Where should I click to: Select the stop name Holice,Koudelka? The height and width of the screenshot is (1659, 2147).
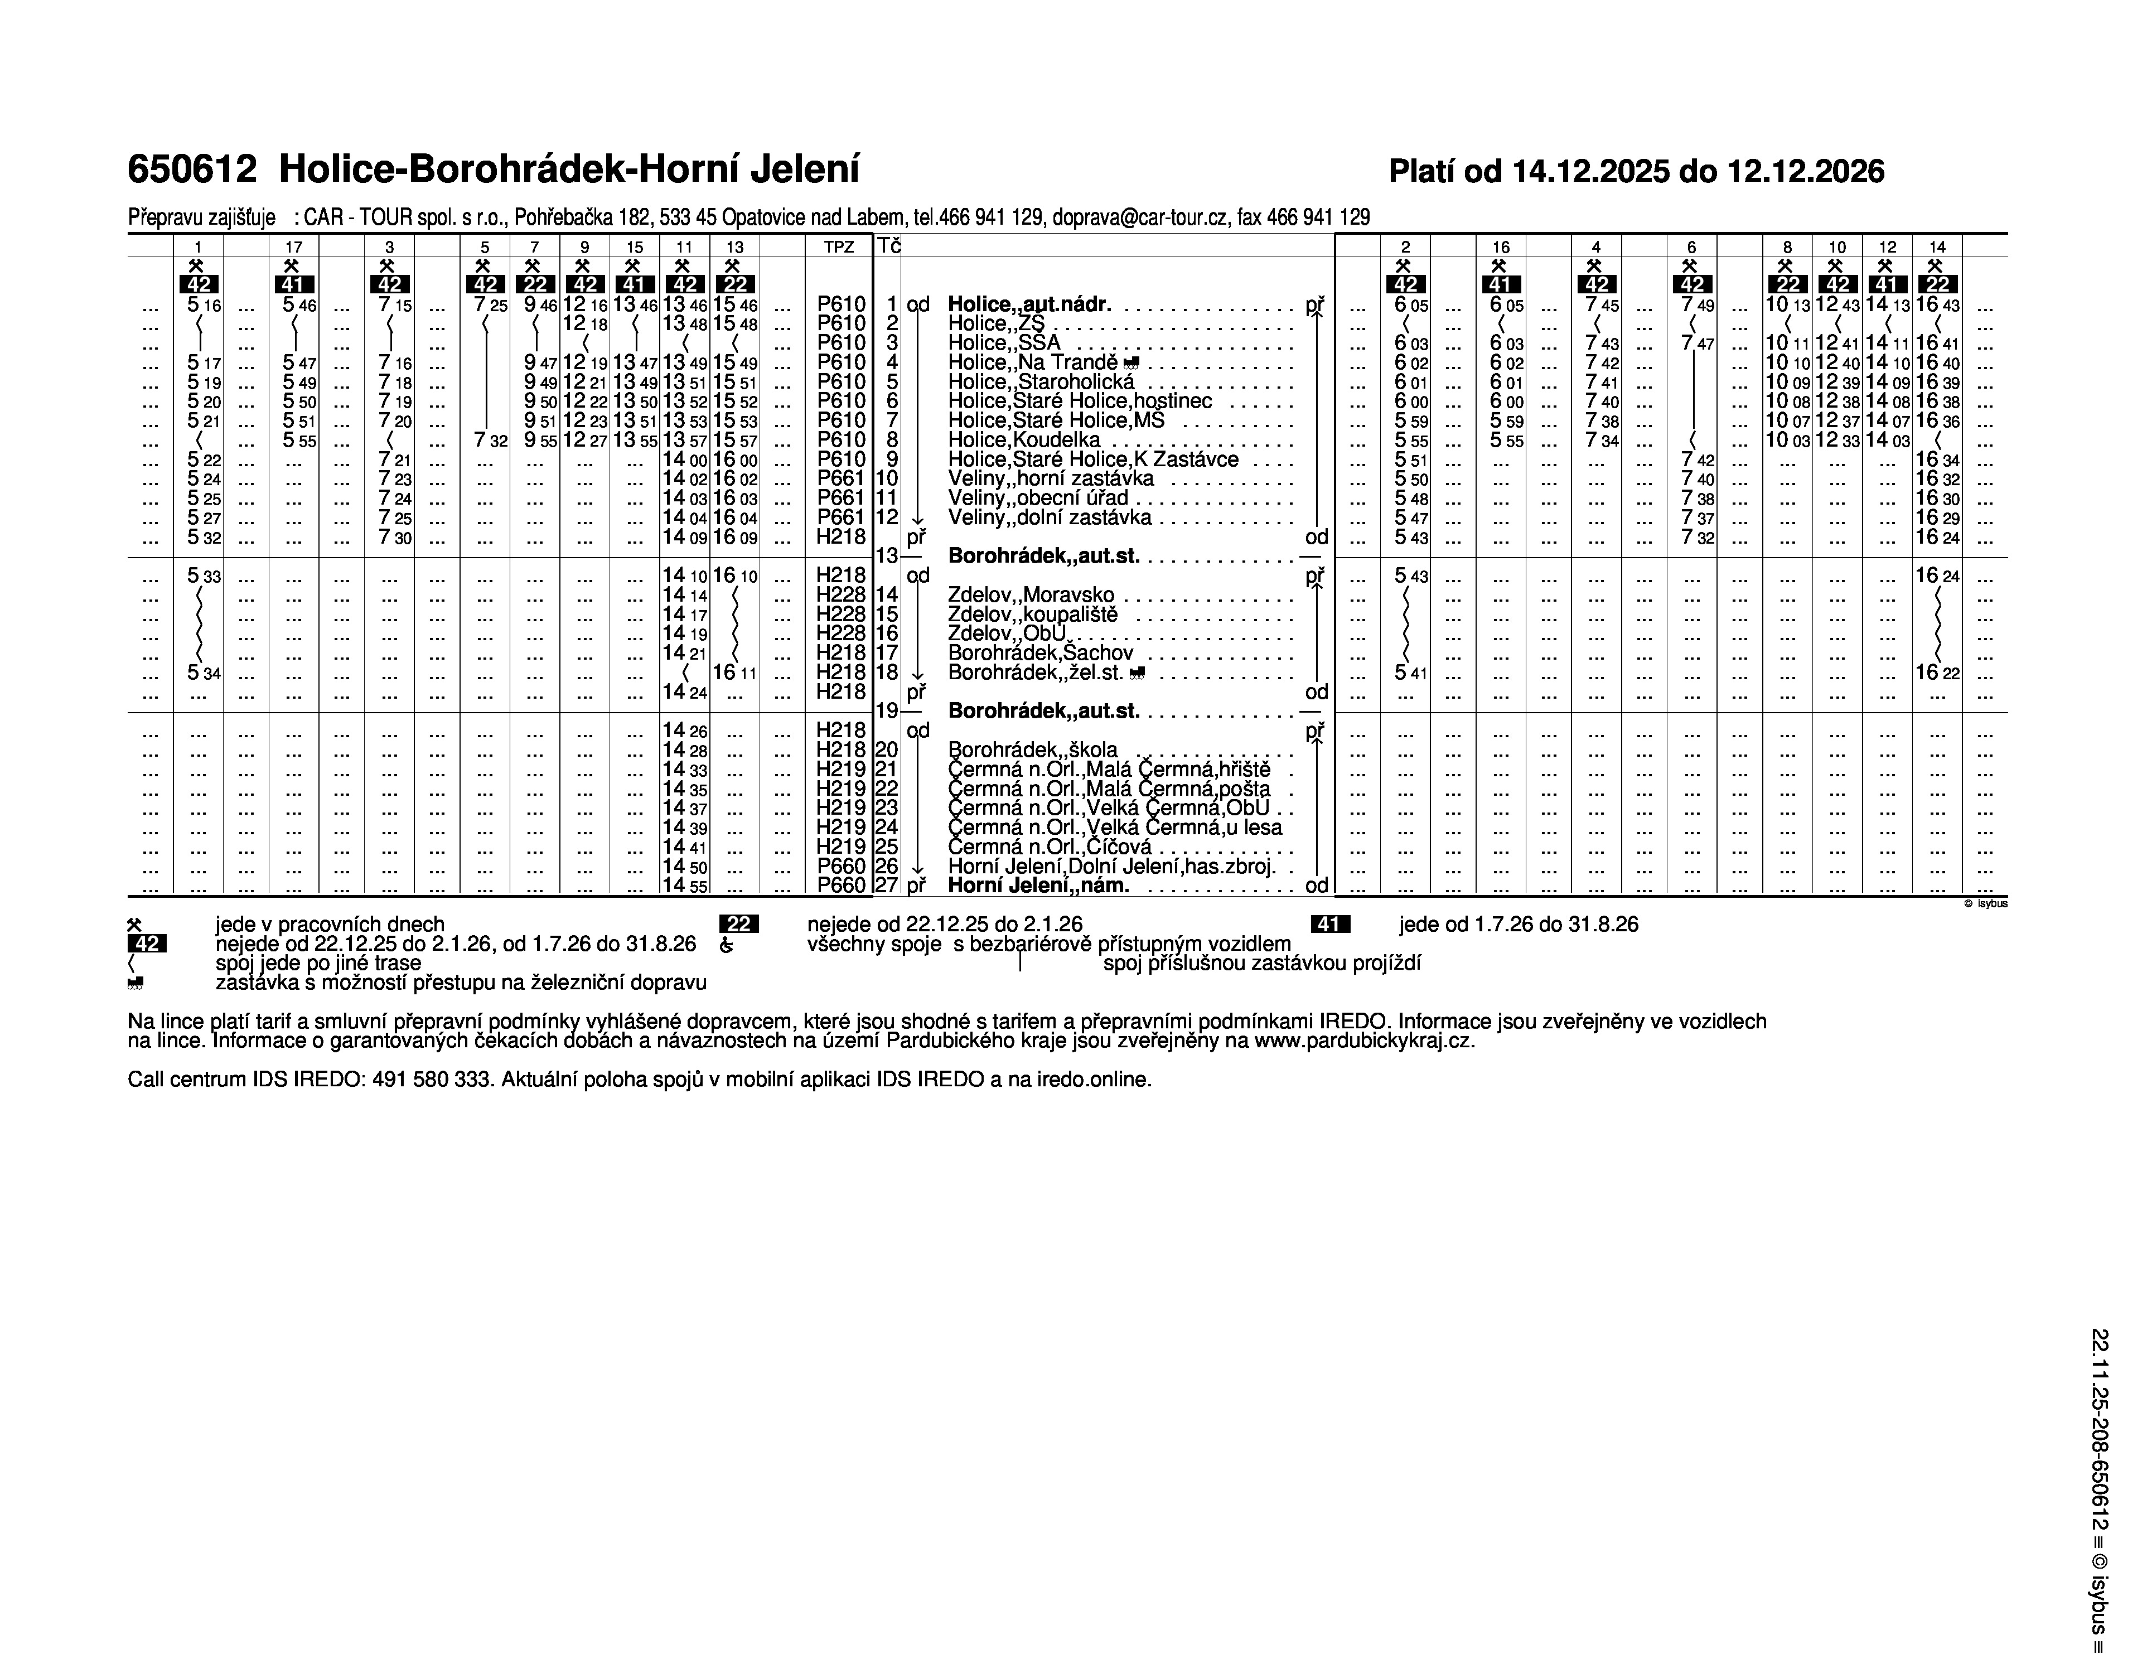[1023, 441]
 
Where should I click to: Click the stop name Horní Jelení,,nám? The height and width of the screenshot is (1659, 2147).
[1038, 886]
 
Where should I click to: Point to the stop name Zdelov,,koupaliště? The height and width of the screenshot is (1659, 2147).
[1032, 615]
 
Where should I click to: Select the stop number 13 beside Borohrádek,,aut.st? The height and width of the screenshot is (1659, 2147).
[886, 555]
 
